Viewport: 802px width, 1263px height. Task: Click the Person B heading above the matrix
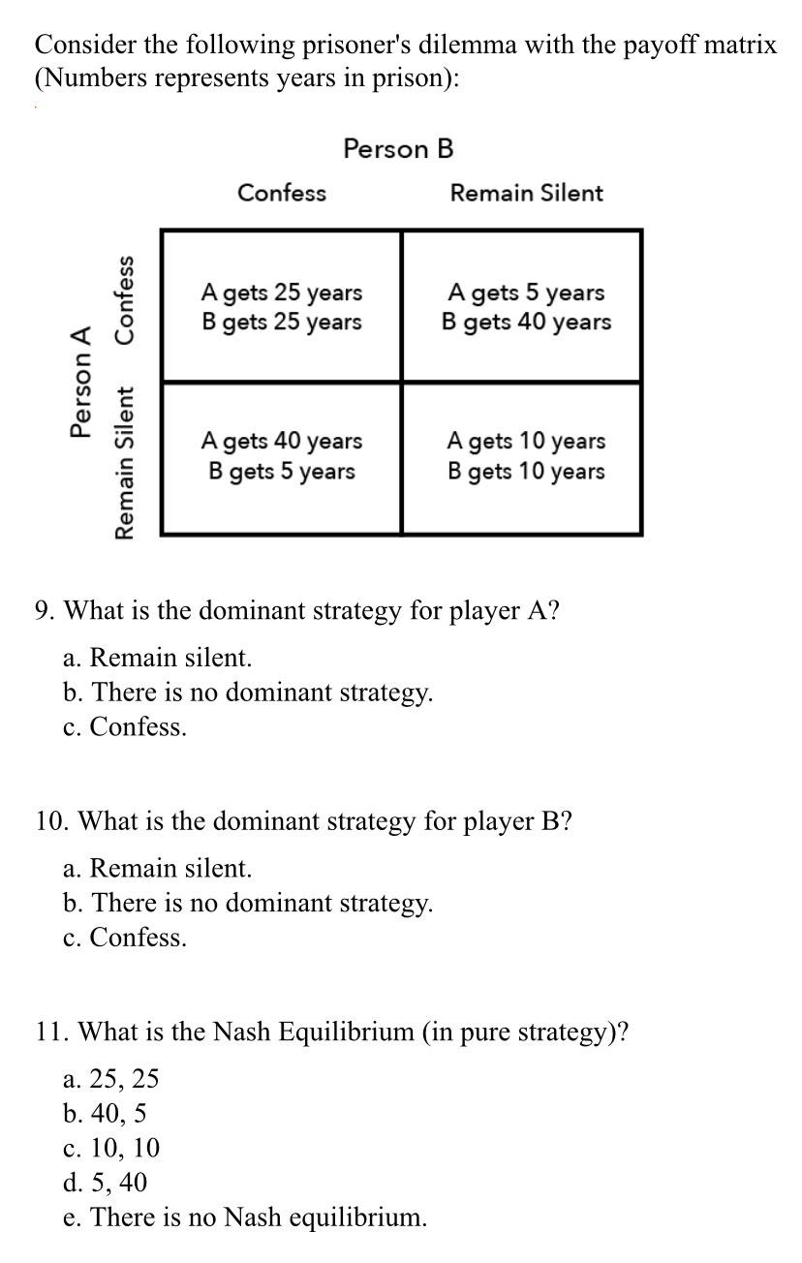(398, 148)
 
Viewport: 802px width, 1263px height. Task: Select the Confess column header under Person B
(282, 193)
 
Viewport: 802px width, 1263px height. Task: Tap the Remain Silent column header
(526, 193)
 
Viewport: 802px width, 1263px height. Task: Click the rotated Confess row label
(124, 299)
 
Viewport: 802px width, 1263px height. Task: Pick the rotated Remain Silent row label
(124, 463)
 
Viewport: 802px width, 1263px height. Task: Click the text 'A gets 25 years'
(281, 292)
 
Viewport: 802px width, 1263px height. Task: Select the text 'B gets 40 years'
(526, 322)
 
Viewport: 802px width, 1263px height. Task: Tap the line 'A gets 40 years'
(281, 441)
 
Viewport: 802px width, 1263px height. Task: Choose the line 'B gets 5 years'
(281, 472)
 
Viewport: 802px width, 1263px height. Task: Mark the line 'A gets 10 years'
(526, 441)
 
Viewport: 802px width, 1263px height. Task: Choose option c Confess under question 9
(125, 727)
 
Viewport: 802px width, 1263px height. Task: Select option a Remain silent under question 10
(158, 868)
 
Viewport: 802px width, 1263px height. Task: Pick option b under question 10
(248, 903)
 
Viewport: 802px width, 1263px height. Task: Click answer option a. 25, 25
(111, 1078)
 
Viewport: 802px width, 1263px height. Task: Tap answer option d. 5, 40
(106, 1182)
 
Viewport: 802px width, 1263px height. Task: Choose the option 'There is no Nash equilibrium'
(245, 1217)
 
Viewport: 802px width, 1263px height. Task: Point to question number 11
(51, 1032)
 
